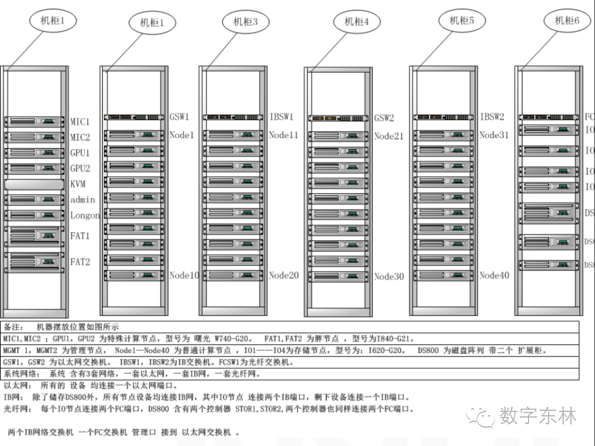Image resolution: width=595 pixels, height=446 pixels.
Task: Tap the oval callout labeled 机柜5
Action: (x=462, y=21)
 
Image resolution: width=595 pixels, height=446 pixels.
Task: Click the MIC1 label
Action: (x=80, y=121)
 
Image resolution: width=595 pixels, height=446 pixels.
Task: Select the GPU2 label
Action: (x=80, y=168)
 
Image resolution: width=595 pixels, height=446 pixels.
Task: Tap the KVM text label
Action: (x=78, y=184)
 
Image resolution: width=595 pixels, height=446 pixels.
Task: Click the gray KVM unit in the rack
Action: (x=34, y=184)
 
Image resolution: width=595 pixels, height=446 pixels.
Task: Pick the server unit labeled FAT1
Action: (x=34, y=235)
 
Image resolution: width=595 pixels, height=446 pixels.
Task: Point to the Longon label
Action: (x=85, y=215)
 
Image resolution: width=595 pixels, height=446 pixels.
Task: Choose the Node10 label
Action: (x=184, y=275)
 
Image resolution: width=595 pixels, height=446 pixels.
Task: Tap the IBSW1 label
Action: (x=281, y=117)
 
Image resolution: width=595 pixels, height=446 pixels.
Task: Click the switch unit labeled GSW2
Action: (x=338, y=118)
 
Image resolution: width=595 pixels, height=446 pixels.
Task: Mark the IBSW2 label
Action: (x=492, y=117)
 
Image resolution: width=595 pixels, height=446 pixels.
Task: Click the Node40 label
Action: (x=494, y=275)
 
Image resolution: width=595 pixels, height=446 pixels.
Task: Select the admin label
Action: (x=83, y=200)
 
